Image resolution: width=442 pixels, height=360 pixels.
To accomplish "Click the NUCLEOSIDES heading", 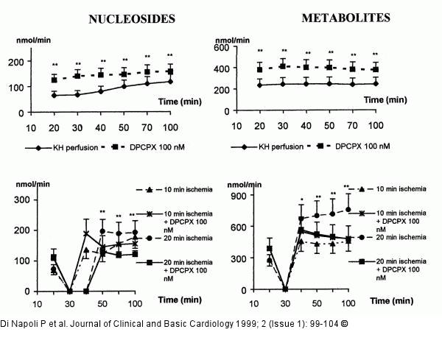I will (x=132, y=18).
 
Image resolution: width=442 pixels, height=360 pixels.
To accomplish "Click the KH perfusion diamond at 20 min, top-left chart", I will (x=54, y=95).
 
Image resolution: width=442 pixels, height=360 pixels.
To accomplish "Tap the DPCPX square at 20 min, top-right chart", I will (x=259, y=68).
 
